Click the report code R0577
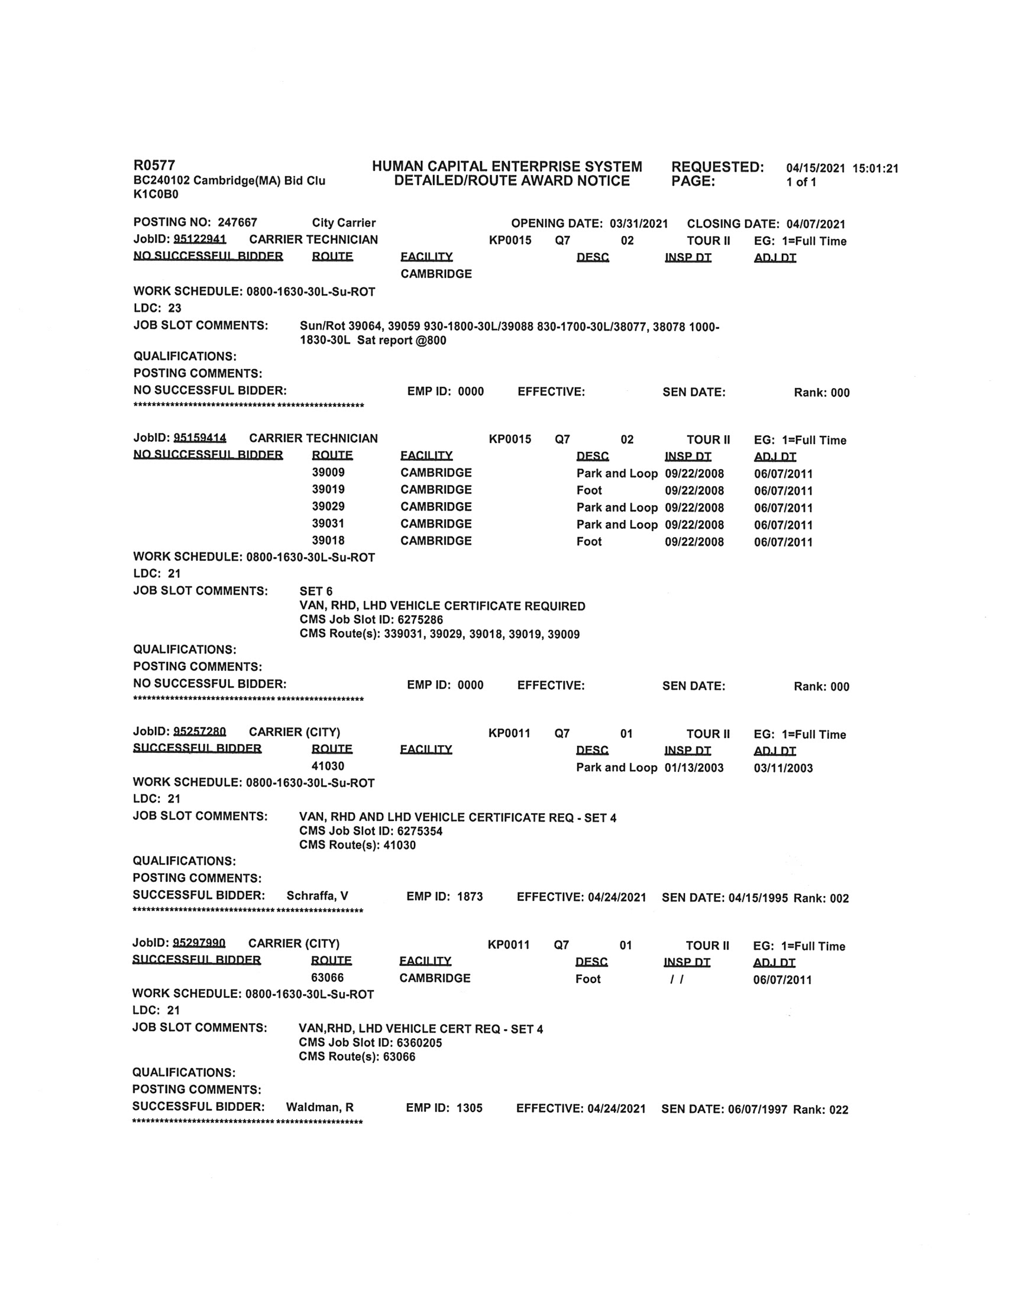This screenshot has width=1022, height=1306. [154, 165]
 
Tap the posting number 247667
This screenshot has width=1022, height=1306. [237, 222]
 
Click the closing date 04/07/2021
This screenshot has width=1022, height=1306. [816, 224]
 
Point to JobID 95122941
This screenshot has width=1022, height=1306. [200, 240]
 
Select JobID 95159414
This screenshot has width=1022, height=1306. [200, 438]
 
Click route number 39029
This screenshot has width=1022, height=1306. [328, 506]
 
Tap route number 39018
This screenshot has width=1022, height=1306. [328, 540]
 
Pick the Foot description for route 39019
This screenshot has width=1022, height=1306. [589, 490]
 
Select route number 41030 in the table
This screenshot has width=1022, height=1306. [327, 766]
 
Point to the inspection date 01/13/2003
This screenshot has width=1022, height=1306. [694, 768]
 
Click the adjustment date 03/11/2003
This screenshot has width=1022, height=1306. [782, 768]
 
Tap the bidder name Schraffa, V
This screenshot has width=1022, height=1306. [317, 896]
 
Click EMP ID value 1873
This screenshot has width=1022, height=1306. [470, 896]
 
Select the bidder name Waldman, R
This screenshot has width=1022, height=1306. [319, 1107]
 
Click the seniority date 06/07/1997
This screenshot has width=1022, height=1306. [758, 1109]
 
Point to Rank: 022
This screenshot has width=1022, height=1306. [820, 1110]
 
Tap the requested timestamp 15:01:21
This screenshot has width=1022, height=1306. [875, 169]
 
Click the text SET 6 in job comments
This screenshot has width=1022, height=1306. [316, 591]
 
